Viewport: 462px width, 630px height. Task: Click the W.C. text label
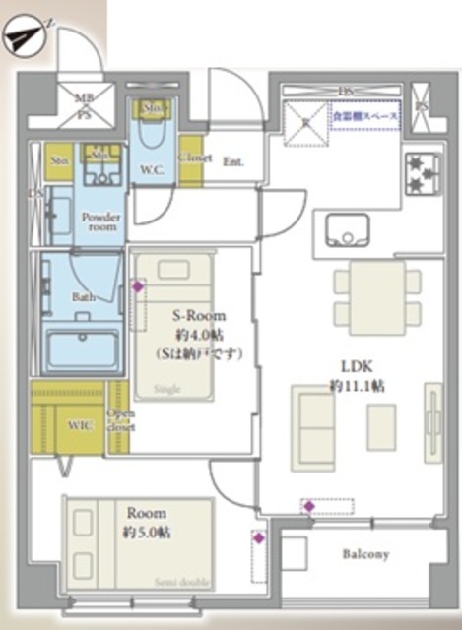[x=152, y=168]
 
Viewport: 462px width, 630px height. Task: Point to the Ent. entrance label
[x=234, y=160]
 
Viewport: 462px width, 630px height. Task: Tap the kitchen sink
[x=347, y=233]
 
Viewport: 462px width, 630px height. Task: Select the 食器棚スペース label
[x=363, y=116]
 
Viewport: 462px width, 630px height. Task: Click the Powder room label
[x=99, y=221]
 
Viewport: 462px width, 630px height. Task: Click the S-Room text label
[x=200, y=316]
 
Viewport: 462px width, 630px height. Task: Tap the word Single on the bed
[x=168, y=390]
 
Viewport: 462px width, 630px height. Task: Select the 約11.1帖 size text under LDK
[x=358, y=386]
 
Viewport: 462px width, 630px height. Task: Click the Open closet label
[x=120, y=420]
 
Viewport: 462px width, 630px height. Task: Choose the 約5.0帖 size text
[x=146, y=533]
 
